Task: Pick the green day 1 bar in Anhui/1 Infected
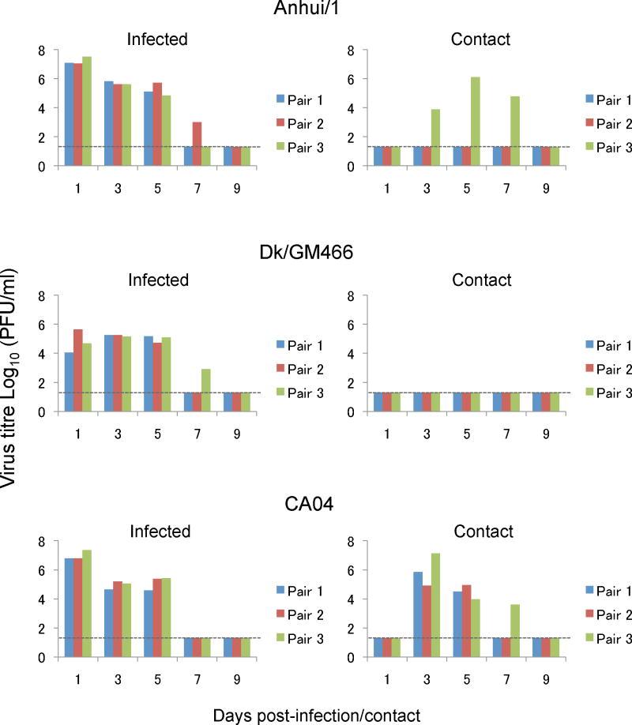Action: [x=87, y=111]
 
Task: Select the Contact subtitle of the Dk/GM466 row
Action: [x=487, y=280]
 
